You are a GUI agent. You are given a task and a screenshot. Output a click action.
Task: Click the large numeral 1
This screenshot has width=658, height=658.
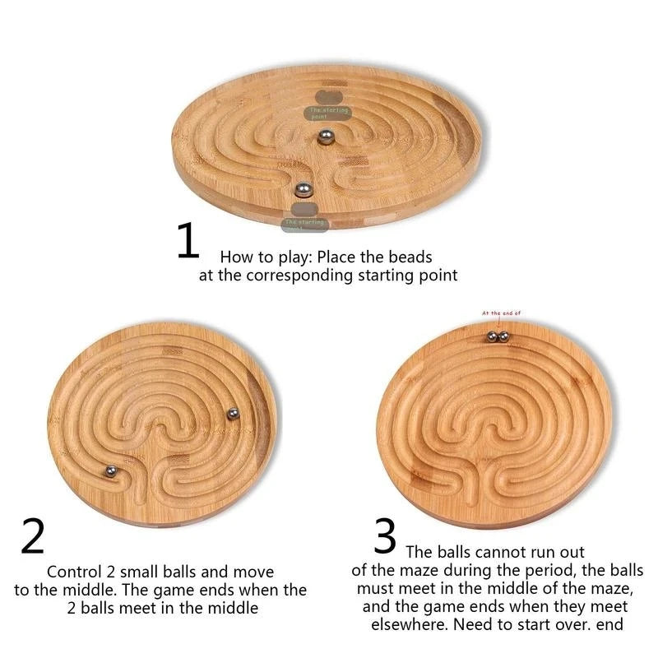[x=188, y=240]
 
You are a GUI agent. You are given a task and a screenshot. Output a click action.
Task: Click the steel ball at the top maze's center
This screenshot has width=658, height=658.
[x=326, y=137]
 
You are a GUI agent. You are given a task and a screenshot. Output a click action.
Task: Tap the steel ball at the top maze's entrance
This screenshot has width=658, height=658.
[x=304, y=190]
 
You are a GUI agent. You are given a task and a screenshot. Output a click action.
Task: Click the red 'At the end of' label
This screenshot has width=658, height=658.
[x=502, y=313]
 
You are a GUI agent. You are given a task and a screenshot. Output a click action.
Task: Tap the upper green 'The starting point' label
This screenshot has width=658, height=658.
[x=329, y=113]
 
